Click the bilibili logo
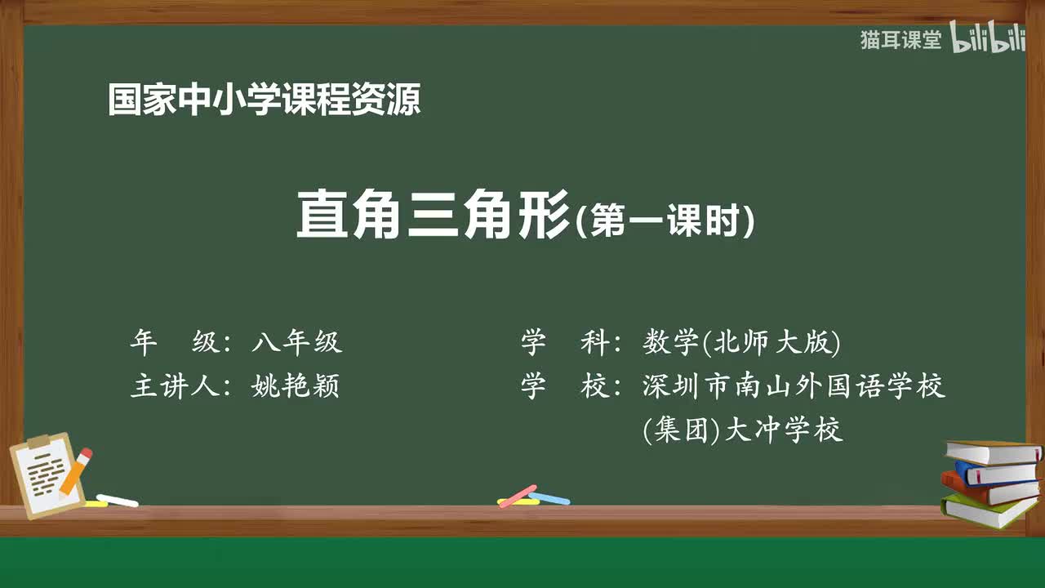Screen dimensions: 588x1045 pyautogui.click(x=988, y=40)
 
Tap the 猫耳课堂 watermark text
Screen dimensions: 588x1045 pyautogui.click(x=901, y=40)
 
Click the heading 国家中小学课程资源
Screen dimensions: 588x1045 pyautogui.click(x=265, y=100)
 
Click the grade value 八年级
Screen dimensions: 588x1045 pyautogui.click(x=297, y=343)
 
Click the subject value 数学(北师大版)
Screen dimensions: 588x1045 pyautogui.click(x=741, y=343)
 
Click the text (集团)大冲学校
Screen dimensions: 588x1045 pyautogui.click(x=743, y=430)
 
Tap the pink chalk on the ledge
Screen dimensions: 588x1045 pyautogui.click(x=517, y=496)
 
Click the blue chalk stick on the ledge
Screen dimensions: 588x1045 pyautogui.click(x=549, y=497)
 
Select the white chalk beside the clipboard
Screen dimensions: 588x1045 pyautogui.click(x=118, y=500)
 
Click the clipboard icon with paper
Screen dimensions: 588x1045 pyautogui.click(x=47, y=476)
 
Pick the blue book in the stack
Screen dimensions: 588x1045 pyautogui.click(x=996, y=471)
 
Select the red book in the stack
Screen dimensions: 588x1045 pyautogui.click(x=988, y=488)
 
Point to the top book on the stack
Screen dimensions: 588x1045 pyautogui.click(x=993, y=452)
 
